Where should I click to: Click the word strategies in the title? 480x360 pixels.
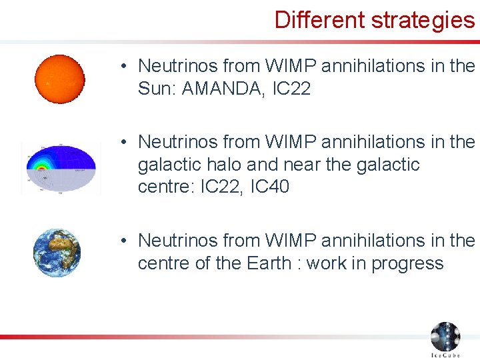click(x=423, y=19)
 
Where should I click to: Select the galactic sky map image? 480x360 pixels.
click(x=60, y=167)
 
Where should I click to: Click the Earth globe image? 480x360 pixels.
click(x=57, y=253)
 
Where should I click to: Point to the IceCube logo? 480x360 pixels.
click(x=445, y=339)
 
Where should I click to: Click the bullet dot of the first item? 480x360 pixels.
click(x=125, y=67)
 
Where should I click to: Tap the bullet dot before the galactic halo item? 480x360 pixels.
click(x=125, y=142)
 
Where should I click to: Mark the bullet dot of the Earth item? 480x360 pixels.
click(x=125, y=241)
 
